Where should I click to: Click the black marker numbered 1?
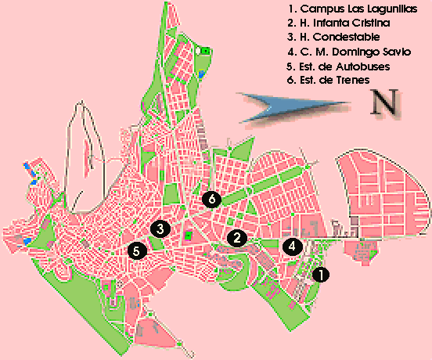click(321, 275)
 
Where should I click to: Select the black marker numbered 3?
click(160, 229)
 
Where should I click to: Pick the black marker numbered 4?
click(292, 246)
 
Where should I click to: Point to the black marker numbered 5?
click(136, 251)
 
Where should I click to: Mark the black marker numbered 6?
click(211, 199)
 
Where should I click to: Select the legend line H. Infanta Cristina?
click(340, 23)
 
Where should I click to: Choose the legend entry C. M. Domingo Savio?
click(348, 52)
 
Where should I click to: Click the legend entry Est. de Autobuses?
click(339, 66)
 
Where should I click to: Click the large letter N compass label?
click(384, 104)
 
